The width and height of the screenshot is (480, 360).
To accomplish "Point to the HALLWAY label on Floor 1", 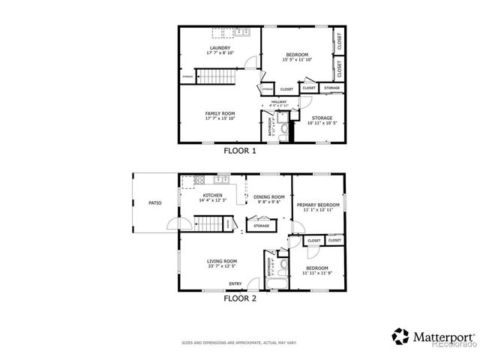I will coord(279,101).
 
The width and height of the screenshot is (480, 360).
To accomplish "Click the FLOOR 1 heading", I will coord(240,151).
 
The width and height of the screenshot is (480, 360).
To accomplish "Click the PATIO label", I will coord(154,202).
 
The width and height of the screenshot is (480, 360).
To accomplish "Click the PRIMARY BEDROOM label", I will coord(318,205).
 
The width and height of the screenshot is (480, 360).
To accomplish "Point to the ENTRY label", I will coord(235,283).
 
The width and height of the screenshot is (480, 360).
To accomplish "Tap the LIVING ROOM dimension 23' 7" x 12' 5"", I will coord(221,266).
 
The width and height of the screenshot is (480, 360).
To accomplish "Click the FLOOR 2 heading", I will coord(240,298).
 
